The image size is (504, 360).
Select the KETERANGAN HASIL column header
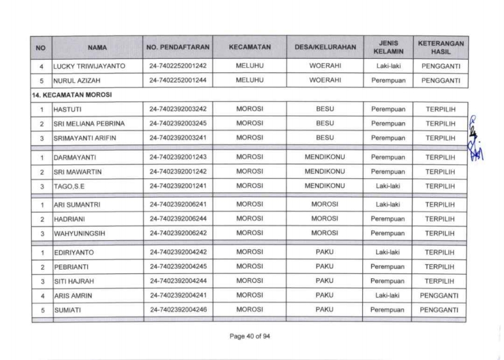pyautogui.click(x=441, y=46)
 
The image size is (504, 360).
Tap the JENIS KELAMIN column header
pyautogui.click(x=388, y=46)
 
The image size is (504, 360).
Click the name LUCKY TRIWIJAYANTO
pyautogui.click(x=89, y=66)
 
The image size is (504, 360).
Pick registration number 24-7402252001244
pyautogui.click(x=177, y=81)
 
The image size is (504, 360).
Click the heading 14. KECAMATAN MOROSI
pyautogui.click(x=61, y=95)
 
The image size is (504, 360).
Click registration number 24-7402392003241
pyautogui.click(x=177, y=138)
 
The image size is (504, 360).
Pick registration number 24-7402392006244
pyautogui.click(x=177, y=219)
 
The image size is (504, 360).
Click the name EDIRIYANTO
pyautogui.click(x=73, y=252)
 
